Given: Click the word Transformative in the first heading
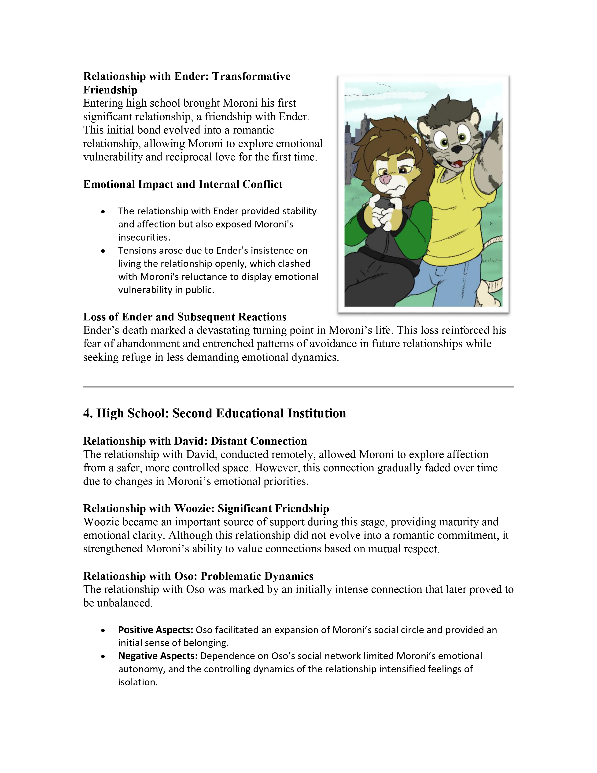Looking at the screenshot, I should (x=251, y=76).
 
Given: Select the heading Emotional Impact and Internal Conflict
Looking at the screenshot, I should (x=183, y=184).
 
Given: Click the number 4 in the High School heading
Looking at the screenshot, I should (x=87, y=413).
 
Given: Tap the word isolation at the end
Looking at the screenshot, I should (x=138, y=682).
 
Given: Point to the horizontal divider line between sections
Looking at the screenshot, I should (x=298, y=387).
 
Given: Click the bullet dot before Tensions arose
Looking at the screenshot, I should (x=103, y=251).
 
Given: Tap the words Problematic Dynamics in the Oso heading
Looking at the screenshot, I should (x=257, y=576).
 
